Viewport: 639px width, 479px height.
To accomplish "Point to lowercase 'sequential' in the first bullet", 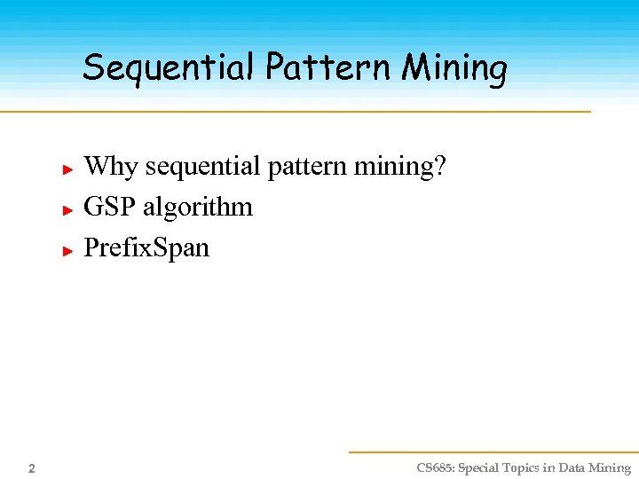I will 201,167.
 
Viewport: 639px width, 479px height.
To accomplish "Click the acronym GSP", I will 109,208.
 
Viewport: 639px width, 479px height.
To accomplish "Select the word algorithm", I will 197,208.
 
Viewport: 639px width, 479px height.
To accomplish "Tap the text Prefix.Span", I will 146,248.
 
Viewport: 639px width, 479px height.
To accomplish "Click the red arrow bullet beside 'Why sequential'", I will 67,168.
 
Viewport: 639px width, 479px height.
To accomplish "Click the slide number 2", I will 31,468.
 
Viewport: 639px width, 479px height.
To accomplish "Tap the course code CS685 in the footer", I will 435,468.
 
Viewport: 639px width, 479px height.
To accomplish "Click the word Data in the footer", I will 572,468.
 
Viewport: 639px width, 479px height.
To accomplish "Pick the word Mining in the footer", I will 611,468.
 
